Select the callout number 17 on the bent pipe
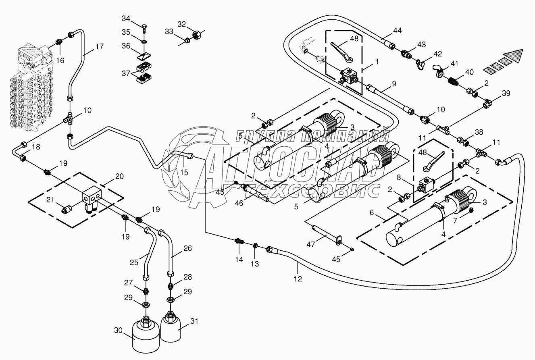[99, 47]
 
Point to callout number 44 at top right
[398, 31]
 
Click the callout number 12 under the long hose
[298, 278]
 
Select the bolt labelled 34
[144, 28]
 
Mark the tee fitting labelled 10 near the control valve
[69, 119]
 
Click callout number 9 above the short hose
[393, 84]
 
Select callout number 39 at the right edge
[506, 93]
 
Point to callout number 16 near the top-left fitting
[60, 60]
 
